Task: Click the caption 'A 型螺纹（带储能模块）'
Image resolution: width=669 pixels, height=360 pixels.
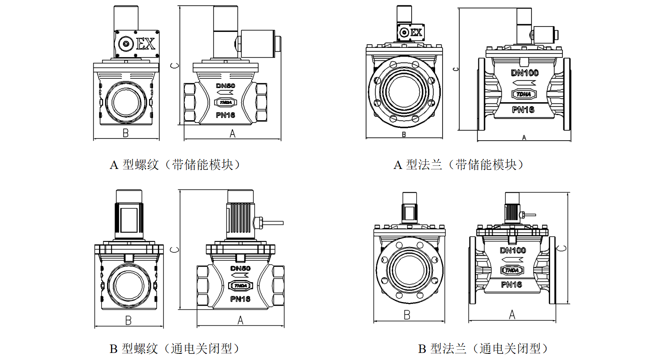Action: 175,165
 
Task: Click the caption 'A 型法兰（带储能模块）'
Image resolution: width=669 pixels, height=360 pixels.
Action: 459,165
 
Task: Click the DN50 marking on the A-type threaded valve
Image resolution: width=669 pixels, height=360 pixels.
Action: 226,86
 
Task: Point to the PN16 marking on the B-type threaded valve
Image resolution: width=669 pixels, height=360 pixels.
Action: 240,299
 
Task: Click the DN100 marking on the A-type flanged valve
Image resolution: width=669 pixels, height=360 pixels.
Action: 525,73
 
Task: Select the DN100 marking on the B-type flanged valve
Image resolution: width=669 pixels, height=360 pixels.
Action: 513,250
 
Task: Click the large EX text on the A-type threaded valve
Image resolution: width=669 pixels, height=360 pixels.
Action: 145,44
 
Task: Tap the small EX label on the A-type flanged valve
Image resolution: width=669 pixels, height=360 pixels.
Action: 416,33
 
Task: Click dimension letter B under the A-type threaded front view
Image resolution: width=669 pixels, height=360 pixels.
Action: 126,133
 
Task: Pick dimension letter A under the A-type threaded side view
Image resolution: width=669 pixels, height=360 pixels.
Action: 233,134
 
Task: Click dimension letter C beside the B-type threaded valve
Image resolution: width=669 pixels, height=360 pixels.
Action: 175,250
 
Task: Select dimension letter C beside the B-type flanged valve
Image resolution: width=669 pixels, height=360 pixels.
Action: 562,248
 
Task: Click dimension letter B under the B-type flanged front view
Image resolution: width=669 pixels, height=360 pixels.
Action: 407,315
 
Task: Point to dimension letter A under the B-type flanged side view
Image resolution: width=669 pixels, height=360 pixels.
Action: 512,314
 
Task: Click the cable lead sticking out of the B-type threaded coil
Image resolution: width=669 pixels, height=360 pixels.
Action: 273,223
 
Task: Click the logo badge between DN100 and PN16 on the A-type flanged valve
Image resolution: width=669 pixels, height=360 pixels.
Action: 524,94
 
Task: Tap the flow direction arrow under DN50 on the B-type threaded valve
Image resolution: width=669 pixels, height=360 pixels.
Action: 240,276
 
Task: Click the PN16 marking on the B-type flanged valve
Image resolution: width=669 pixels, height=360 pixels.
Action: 512,284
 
